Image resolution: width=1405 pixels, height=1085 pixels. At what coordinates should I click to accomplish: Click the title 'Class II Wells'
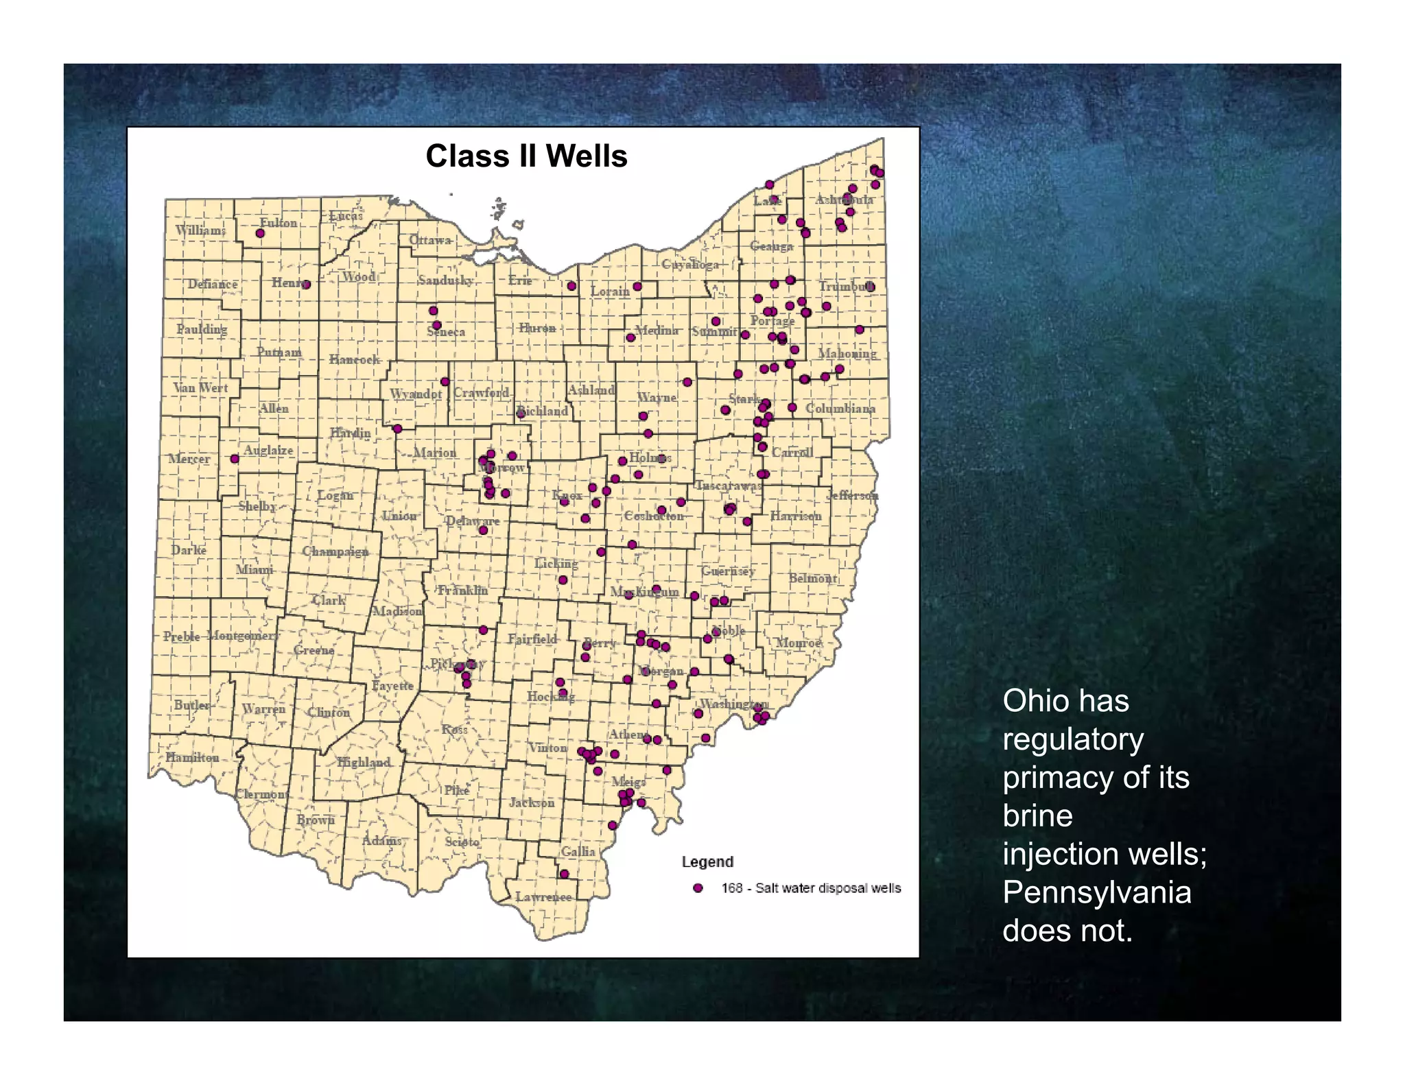(x=526, y=156)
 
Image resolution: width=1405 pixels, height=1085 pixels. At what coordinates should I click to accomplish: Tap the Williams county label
(x=200, y=230)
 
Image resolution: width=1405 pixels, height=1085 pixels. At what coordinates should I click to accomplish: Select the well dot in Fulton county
(x=260, y=233)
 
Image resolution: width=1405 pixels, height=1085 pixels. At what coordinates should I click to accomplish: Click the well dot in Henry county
(x=306, y=285)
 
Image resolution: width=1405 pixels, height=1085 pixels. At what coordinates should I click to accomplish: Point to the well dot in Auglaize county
(x=235, y=459)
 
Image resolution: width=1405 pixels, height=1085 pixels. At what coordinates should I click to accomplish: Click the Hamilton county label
(x=192, y=757)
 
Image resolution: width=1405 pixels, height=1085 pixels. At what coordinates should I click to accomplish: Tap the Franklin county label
(x=463, y=590)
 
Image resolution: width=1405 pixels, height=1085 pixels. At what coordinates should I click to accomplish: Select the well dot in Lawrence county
(x=564, y=874)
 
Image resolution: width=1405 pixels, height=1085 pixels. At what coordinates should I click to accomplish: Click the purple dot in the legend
(x=698, y=888)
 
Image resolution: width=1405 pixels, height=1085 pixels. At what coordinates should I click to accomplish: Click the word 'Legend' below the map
(x=707, y=861)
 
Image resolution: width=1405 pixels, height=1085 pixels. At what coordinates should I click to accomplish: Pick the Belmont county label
(x=812, y=577)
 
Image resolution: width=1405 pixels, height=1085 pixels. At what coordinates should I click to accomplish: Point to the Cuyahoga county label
(x=690, y=264)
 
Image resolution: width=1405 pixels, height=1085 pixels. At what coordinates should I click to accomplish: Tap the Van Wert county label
(x=200, y=387)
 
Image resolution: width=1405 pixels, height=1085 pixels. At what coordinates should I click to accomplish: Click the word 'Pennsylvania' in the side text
(x=1096, y=892)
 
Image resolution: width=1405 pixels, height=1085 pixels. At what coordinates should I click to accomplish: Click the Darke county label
(x=189, y=549)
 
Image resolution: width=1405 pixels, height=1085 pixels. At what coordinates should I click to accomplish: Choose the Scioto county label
(x=462, y=841)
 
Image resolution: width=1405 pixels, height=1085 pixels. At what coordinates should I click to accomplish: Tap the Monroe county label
(x=798, y=643)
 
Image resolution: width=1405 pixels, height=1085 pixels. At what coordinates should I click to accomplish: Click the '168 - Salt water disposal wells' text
(x=811, y=888)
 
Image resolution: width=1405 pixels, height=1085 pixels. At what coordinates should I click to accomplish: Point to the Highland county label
(x=364, y=762)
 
